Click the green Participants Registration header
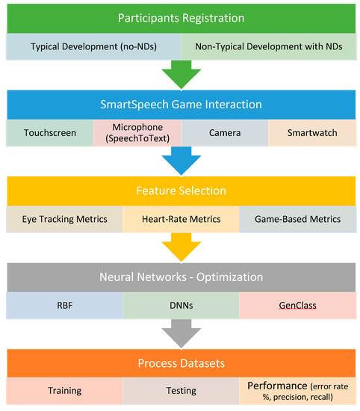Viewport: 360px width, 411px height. (180, 17)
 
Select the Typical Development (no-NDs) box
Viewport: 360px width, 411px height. (94, 46)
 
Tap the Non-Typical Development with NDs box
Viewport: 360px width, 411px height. (269, 46)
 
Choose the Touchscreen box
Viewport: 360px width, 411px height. (49, 132)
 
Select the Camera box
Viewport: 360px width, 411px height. (224, 132)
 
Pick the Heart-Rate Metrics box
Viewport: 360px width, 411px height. (179, 219)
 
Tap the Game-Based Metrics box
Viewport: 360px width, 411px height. (297, 219)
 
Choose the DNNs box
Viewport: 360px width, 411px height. (179, 306)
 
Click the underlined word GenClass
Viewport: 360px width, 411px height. (297, 306)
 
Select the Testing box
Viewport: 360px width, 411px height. (179, 391)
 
